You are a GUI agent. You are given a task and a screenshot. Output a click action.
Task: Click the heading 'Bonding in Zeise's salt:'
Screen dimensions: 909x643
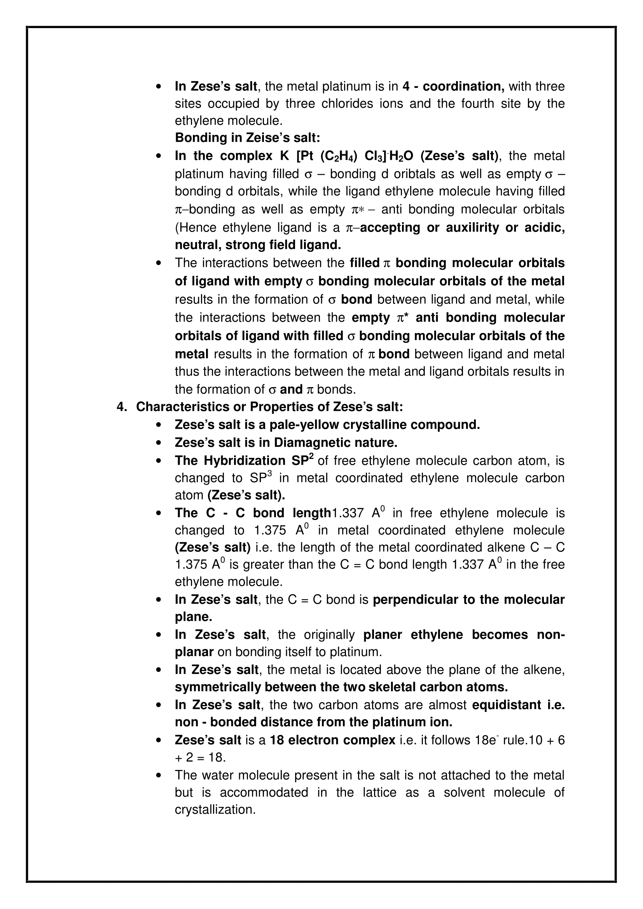[x=248, y=138]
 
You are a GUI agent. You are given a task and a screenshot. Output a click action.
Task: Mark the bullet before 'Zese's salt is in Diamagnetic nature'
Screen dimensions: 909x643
[x=159, y=443]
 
